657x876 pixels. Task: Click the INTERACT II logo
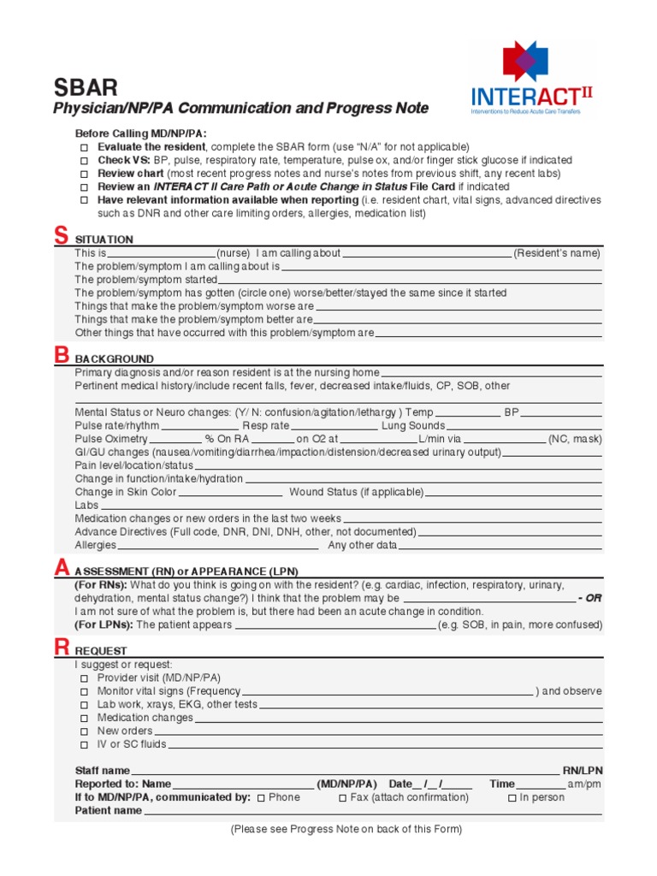pyautogui.click(x=531, y=78)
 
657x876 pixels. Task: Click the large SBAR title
pyautogui.click(x=86, y=87)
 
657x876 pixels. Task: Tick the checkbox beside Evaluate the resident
pyautogui.click(x=84, y=147)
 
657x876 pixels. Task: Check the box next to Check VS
pyautogui.click(x=84, y=161)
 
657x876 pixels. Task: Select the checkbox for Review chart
pyautogui.click(x=84, y=174)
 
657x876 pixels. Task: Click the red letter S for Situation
pyautogui.click(x=61, y=236)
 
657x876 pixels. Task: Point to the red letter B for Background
pyautogui.click(x=61, y=355)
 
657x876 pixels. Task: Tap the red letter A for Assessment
pyautogui.click(x=61, y=567)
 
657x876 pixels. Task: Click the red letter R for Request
pyautogui.click(x=61, y=647)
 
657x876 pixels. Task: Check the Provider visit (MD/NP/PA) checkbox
pyautogui.click(x=84, y=678)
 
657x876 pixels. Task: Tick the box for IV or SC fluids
pyautogui.click(x=84, y=745)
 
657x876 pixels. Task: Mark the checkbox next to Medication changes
pyautogui.click(x=84, y=719)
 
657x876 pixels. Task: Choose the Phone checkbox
pyautogui.click(x=260, y=798)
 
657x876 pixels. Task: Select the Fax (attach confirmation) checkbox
pyautogui.click(x=342, y=798)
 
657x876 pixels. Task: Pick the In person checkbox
pyautogui.click(x=512, y=798)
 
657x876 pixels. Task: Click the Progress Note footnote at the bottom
pyautogui.click(x=346, y=829)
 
